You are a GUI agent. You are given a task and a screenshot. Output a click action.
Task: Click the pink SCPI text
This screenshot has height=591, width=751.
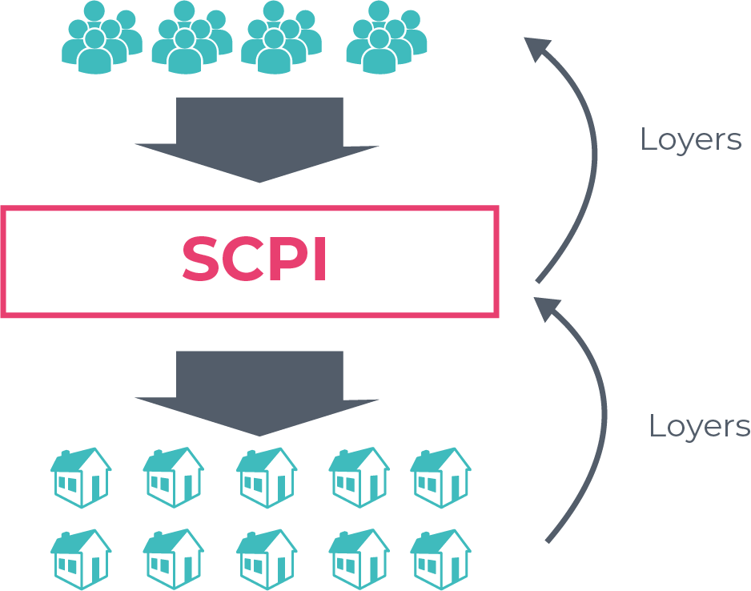(x=255, y=259)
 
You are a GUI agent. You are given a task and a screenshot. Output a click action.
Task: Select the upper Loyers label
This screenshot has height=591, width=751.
(x=690, y=140)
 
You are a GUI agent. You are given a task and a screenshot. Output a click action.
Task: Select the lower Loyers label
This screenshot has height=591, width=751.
(x=699, y=426)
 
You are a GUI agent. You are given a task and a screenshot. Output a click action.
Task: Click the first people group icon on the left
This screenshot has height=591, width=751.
(x=101, y=38)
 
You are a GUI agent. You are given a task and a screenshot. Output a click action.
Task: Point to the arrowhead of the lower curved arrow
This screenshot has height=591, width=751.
(x=548, y=308)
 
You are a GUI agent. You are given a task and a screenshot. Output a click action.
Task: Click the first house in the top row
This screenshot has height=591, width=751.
(x=81, y=477)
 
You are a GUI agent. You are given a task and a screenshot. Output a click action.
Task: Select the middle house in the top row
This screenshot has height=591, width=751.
(x=267, y=477)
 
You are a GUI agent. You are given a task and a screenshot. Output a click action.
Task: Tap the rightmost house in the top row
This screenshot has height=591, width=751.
(x=440, y=477)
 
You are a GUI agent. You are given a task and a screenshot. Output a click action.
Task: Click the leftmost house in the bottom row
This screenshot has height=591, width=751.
(x=81, y=558)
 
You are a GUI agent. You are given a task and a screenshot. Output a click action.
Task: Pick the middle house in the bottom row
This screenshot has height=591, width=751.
(x=267, y=558)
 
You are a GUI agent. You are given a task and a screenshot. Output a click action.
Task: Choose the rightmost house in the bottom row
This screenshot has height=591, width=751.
(x=440, y=558)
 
